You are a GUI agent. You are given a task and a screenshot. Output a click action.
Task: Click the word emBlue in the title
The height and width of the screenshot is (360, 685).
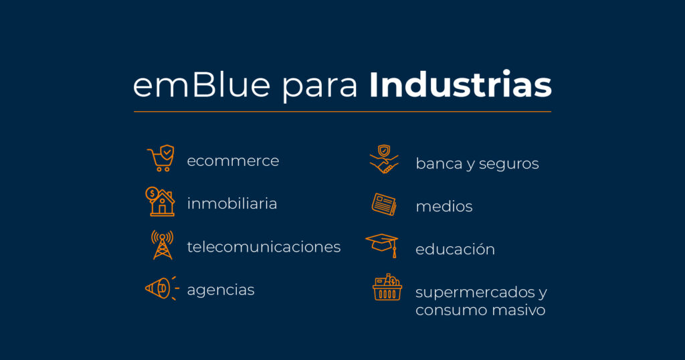tap(201, 86)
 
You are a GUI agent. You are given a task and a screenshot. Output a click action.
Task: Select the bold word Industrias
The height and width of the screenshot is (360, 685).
tap(460, 86)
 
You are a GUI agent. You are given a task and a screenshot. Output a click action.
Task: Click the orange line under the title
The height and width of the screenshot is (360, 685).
tap(342, 111)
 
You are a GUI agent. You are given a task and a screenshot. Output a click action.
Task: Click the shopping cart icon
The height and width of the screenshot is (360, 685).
tap(161, 159)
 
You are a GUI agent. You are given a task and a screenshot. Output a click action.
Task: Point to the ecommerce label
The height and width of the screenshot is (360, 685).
tap(233, 161)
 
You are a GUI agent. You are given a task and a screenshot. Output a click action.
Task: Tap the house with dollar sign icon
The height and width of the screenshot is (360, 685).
tap(161, 201)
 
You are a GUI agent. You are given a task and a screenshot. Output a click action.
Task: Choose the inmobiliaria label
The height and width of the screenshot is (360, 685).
tap(231, 203)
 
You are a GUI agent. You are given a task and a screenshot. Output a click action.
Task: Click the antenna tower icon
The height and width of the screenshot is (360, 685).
tap(162, 245)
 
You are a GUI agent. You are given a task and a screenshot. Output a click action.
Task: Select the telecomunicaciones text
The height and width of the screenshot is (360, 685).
tap(264, 247)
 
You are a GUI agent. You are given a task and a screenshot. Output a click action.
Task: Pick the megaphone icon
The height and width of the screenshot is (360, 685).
tap(161, 288)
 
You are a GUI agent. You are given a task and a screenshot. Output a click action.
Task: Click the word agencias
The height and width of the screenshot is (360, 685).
tap(221, 290)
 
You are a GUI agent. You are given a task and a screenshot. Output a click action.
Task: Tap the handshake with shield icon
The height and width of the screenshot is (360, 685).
tap(384, 160)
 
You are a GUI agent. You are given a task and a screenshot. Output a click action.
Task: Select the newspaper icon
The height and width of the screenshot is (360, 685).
tap(384, 204)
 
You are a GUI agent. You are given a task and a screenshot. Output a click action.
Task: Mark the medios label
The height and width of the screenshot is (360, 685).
tap(444, 207)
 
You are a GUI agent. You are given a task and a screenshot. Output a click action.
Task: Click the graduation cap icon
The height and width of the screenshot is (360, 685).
tap(383, 245)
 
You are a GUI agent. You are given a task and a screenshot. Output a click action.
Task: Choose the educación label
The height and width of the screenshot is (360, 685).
tap(455, 250)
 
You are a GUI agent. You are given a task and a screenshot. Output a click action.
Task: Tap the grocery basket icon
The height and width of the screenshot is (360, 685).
tap(387, 288)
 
